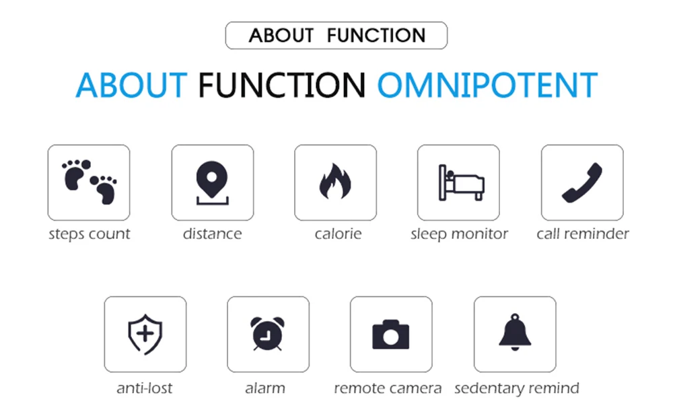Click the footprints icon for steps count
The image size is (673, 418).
coord(89,182)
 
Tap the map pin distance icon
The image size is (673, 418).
coord(212,183)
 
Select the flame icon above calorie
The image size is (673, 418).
coord(335,182)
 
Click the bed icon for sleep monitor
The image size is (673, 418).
coord(462,182)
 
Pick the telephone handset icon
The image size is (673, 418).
coord(582,182)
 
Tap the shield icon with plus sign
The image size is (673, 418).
coord(145,335)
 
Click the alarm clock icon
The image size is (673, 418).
coord(267,334)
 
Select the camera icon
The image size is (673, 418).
coord(390,335)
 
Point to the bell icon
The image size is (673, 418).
coord(515,332)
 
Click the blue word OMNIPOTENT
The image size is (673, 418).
coord(487,85)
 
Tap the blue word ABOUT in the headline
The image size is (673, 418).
coord(131,85)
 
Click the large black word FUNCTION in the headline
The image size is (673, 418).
coord(281,85)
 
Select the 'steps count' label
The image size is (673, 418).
coord(90,234)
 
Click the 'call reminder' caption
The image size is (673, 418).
coord(582,234)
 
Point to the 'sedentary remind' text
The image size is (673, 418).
coord(517,388)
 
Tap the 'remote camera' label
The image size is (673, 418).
coord(388,388)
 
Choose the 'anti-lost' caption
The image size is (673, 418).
coord(144,388)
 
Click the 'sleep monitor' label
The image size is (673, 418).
coord(459,234)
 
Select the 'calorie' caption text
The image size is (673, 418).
coord(338,234)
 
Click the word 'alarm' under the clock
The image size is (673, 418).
coord(264,388)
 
